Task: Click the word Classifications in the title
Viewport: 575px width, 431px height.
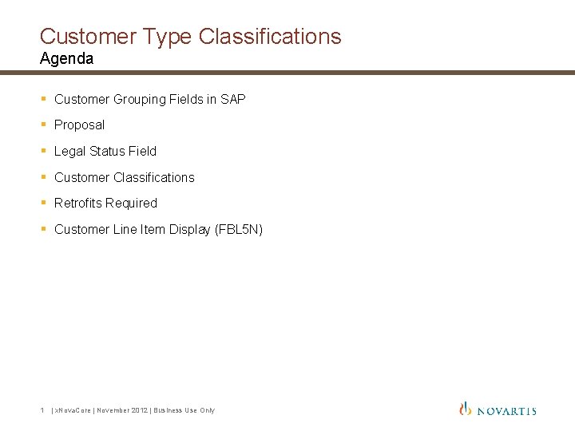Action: coord(272,36)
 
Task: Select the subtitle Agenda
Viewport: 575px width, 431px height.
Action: coord(66,58)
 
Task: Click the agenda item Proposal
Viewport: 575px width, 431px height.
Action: coord(79,125)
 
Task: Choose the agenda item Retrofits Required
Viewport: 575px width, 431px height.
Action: coord(105,203)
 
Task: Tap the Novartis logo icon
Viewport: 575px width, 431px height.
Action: coord(466,409)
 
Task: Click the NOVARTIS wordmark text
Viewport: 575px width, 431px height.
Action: coord(507,410)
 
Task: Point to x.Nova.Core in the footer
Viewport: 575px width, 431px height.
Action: coord(73,410)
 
